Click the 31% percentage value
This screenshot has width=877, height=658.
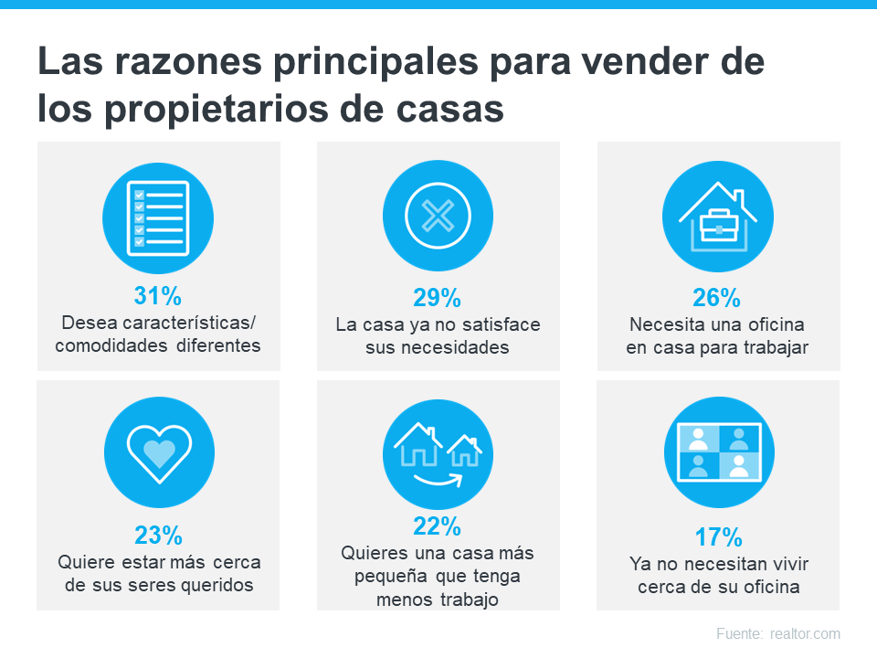pos(158,296)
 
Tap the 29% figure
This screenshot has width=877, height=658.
pos(438,297)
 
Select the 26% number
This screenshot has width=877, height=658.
pos(717,297)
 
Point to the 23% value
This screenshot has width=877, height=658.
pos(158,534)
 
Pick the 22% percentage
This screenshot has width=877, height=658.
pos(438,526)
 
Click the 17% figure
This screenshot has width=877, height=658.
pos(717,536)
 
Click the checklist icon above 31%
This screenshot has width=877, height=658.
pos(158,218)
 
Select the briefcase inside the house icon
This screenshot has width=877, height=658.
pos(717,224)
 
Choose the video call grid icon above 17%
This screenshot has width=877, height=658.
pos(717,451)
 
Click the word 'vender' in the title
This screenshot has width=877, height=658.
pos(656,63)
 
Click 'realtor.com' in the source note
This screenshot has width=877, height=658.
pos(805,633)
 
